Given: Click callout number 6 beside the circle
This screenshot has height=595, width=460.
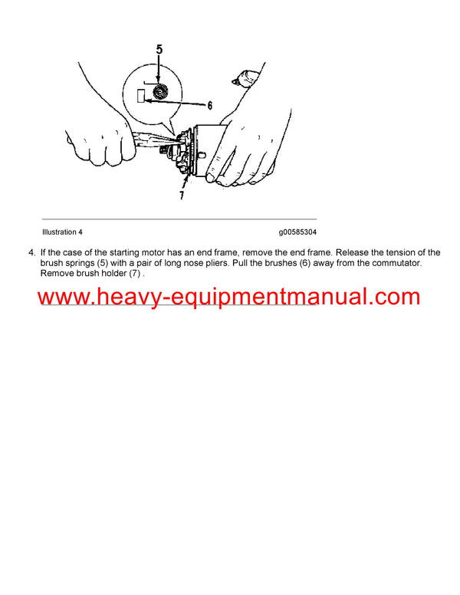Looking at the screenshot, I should [x=209, y=106].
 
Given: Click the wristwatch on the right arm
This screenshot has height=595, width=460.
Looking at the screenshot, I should [x=248, y=77].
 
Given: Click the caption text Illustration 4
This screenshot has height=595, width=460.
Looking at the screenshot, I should [x=62, y=232].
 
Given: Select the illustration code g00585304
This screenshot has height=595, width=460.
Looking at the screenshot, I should [x=298, y=232].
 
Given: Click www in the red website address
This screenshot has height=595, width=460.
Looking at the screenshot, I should [x=61, y=297].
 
